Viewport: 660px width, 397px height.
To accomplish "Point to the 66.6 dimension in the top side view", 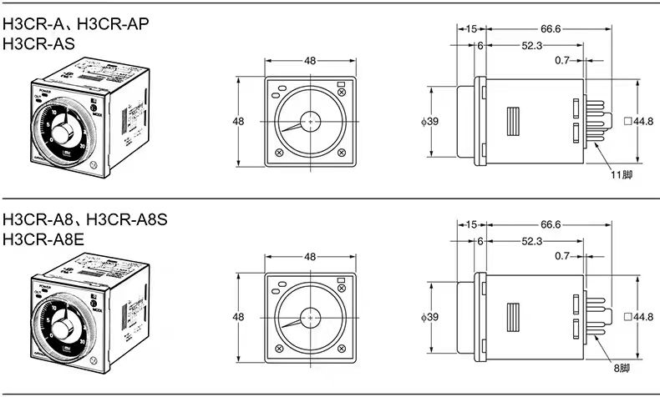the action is [551, 28].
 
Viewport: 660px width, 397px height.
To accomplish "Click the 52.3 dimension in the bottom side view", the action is [532, 241].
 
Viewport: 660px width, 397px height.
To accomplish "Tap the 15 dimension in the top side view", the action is [471, 28].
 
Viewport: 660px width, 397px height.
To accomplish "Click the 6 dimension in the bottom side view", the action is [480, 241].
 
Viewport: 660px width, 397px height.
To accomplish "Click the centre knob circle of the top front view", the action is [310, 121].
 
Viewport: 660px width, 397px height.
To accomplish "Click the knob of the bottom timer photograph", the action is [63, 328].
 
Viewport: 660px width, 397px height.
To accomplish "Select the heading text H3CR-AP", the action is [113, 24].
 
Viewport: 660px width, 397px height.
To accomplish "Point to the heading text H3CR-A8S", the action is [127, 219].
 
